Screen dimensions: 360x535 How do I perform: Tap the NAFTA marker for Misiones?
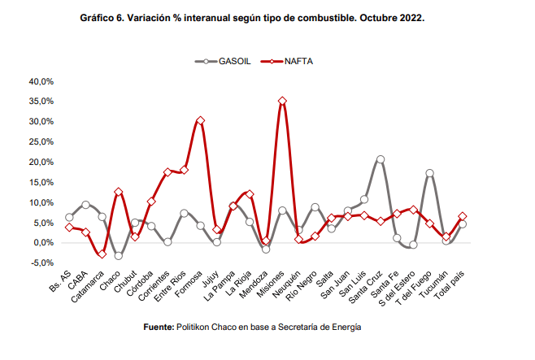(282, 102)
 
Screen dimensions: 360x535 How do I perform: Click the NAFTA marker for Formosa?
(200, 120)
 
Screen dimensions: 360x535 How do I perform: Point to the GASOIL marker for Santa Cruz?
(381, 159)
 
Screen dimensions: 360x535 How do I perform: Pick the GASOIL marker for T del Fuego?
(429, 173)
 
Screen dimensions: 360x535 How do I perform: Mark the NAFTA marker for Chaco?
(119, 192)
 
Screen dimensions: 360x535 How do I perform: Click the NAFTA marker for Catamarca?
(102, 254)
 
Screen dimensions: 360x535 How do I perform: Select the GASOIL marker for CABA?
(86, 205)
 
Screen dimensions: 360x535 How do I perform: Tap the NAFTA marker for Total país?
(462, 216)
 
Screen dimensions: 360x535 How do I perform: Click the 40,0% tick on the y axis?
(41, 81)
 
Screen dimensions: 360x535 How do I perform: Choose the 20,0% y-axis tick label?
(41, 163)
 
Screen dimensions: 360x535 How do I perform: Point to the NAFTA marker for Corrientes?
(167, 172)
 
